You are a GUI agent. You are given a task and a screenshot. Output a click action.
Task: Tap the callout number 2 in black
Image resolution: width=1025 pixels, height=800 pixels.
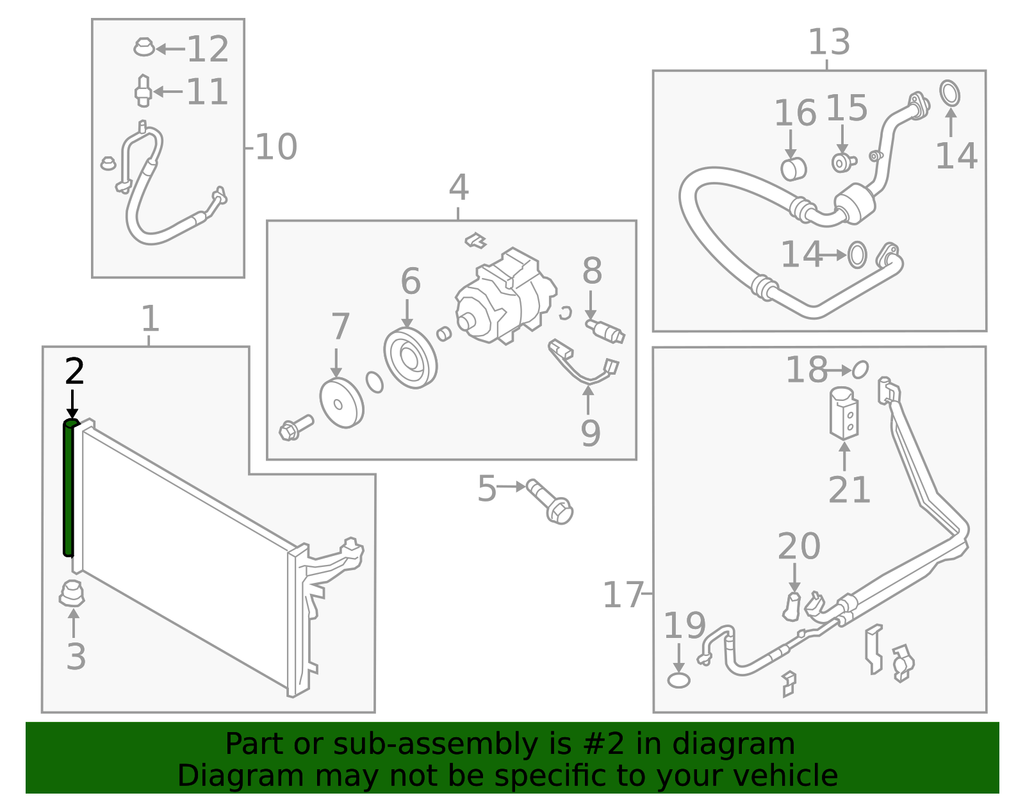74,372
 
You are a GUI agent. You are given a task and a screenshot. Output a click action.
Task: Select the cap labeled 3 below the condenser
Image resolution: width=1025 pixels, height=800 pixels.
72,594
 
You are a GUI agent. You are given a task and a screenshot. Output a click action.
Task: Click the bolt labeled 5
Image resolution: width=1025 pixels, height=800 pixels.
550,501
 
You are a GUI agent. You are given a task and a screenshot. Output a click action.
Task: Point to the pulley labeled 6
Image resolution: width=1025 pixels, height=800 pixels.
410,358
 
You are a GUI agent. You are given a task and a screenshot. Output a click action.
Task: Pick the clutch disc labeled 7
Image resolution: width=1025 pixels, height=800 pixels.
341,403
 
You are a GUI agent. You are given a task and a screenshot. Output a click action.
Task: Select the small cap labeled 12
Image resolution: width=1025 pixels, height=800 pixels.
144,47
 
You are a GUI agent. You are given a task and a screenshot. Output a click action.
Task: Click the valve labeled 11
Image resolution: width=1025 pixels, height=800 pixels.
143,92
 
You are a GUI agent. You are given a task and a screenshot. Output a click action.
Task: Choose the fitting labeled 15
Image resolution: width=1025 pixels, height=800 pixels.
842,162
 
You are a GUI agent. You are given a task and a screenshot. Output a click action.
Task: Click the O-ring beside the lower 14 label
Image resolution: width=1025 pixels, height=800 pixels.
857,255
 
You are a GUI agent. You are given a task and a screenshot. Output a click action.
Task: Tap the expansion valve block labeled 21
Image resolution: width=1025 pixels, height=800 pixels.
844,413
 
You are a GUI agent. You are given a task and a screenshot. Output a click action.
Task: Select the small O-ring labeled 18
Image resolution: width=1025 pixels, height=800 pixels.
860,370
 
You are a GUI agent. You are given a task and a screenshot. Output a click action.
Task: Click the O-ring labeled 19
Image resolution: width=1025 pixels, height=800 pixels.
678,680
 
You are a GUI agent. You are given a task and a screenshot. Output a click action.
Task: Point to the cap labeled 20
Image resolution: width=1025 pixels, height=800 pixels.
792,607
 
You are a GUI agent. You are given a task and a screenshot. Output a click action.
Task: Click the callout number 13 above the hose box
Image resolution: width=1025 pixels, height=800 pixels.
829,42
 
